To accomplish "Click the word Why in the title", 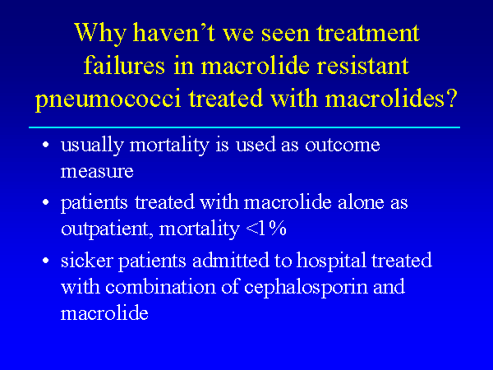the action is tap(100, 34).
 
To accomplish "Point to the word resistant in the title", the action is tap(362, 66).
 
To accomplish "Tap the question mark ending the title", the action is tap(450, 98).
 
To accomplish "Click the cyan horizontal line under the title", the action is tap(244, 127).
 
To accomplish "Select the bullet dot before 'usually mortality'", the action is tap(46, 145).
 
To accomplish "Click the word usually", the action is tap(92, 146).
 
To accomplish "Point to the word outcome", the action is tap(342, 145).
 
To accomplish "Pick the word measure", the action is tap(97, 172).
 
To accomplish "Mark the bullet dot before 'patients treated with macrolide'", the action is tap(46, 202).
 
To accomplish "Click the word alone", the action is tap(361, 202).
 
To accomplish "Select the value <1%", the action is tap(266, 228).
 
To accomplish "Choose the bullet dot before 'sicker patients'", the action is tap(46, 261).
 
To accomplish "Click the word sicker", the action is tap(87, 261).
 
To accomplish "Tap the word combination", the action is tap(161, 287).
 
